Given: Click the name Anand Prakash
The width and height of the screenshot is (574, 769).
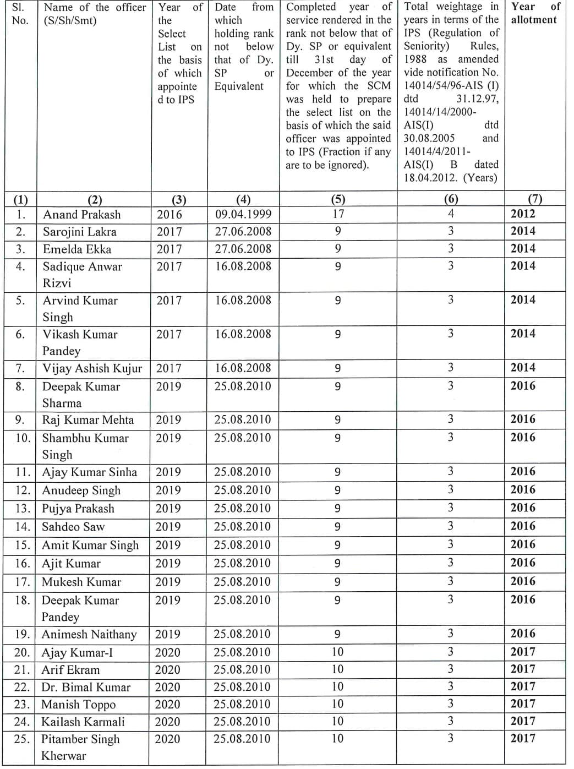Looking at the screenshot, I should pyautogui.click(x=81, y=215).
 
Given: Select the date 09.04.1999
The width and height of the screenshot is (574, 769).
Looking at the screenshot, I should pyautogui.click(x=243, y=214).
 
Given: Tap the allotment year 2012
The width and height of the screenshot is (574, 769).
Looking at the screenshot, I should pyautogui.click(x=523, y=214).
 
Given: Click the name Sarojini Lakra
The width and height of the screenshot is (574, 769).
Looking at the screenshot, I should pyautogui.click(x=80, y=232).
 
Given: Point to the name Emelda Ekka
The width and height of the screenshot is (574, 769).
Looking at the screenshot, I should pyautogui.click(x=77, y=249).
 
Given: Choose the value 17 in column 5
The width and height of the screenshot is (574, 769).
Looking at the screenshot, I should pyautogui.click(x=338, y=214).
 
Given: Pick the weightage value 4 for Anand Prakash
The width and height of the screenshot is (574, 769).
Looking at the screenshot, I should pyautogui.click(x=451, y=214).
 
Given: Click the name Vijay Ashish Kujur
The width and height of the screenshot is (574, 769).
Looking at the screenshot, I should pyautogui.click(x=92, y=368).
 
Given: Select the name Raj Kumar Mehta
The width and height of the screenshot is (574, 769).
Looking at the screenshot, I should pyautogui.click(x=88, y=420).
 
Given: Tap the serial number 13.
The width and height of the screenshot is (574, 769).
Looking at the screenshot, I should pyautogui.click(x=22, y=509).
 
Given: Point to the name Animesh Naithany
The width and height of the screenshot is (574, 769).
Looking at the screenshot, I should pyautogui.click(x=89, y=634).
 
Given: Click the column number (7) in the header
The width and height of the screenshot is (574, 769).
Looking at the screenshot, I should pyautogui.click(x=534, y=199).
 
